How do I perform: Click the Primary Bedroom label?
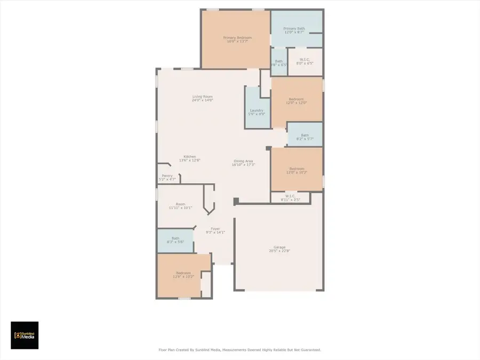tap(237, 38)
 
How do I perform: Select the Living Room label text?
tap(202, 97)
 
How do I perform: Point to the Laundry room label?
tap(257, 110)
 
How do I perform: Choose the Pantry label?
tap(167, 176)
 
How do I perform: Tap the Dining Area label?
tap(244, 161)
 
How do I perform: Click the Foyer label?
tap(215, 229)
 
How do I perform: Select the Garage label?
tap(279, 247)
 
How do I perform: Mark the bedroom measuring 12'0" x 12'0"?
tap(297, 101)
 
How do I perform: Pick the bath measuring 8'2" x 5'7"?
tap(305, 137)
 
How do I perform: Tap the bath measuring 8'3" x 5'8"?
tap(175, 240)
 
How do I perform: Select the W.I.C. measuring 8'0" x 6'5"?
tap(305, 61)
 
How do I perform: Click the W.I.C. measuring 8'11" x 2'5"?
tap(290, 198)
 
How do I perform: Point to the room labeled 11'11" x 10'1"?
tap(180, 206)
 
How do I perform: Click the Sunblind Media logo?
tap(25, 335)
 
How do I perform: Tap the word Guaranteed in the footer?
tap(308, 350)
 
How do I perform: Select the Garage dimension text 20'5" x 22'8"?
tap(279, 251)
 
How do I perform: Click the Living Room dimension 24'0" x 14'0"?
tap(202, 100)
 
